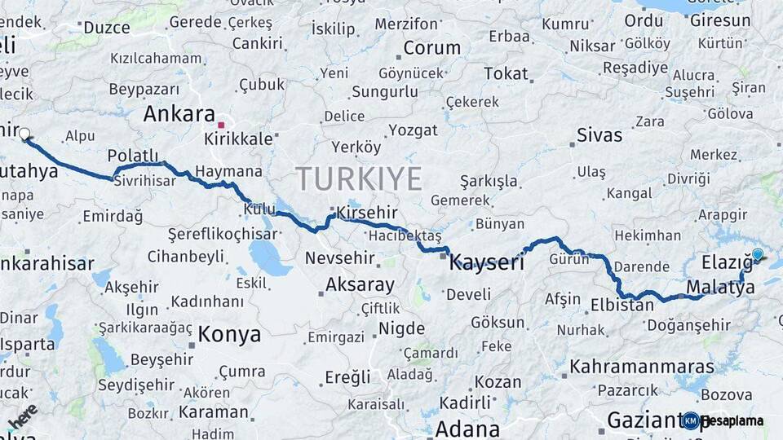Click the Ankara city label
click(179, 114)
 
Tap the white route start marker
click(24, 134)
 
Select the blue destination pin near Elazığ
click(758, 255)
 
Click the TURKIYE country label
click(359, 178)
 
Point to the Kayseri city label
click(488, 262)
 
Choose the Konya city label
click(229, 335)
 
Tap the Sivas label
click(599, 134)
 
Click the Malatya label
click(720, 287)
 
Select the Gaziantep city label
click(644, 421)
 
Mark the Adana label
click(467, 429)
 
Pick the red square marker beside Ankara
click(221, 125)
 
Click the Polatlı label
click(133, 156)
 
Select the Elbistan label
click(622, 306)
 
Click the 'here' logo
click(22, 416)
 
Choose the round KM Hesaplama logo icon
click(691, 420)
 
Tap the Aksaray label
click(360, 285)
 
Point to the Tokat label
click(506, 74)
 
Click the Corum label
click(431, 48)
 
